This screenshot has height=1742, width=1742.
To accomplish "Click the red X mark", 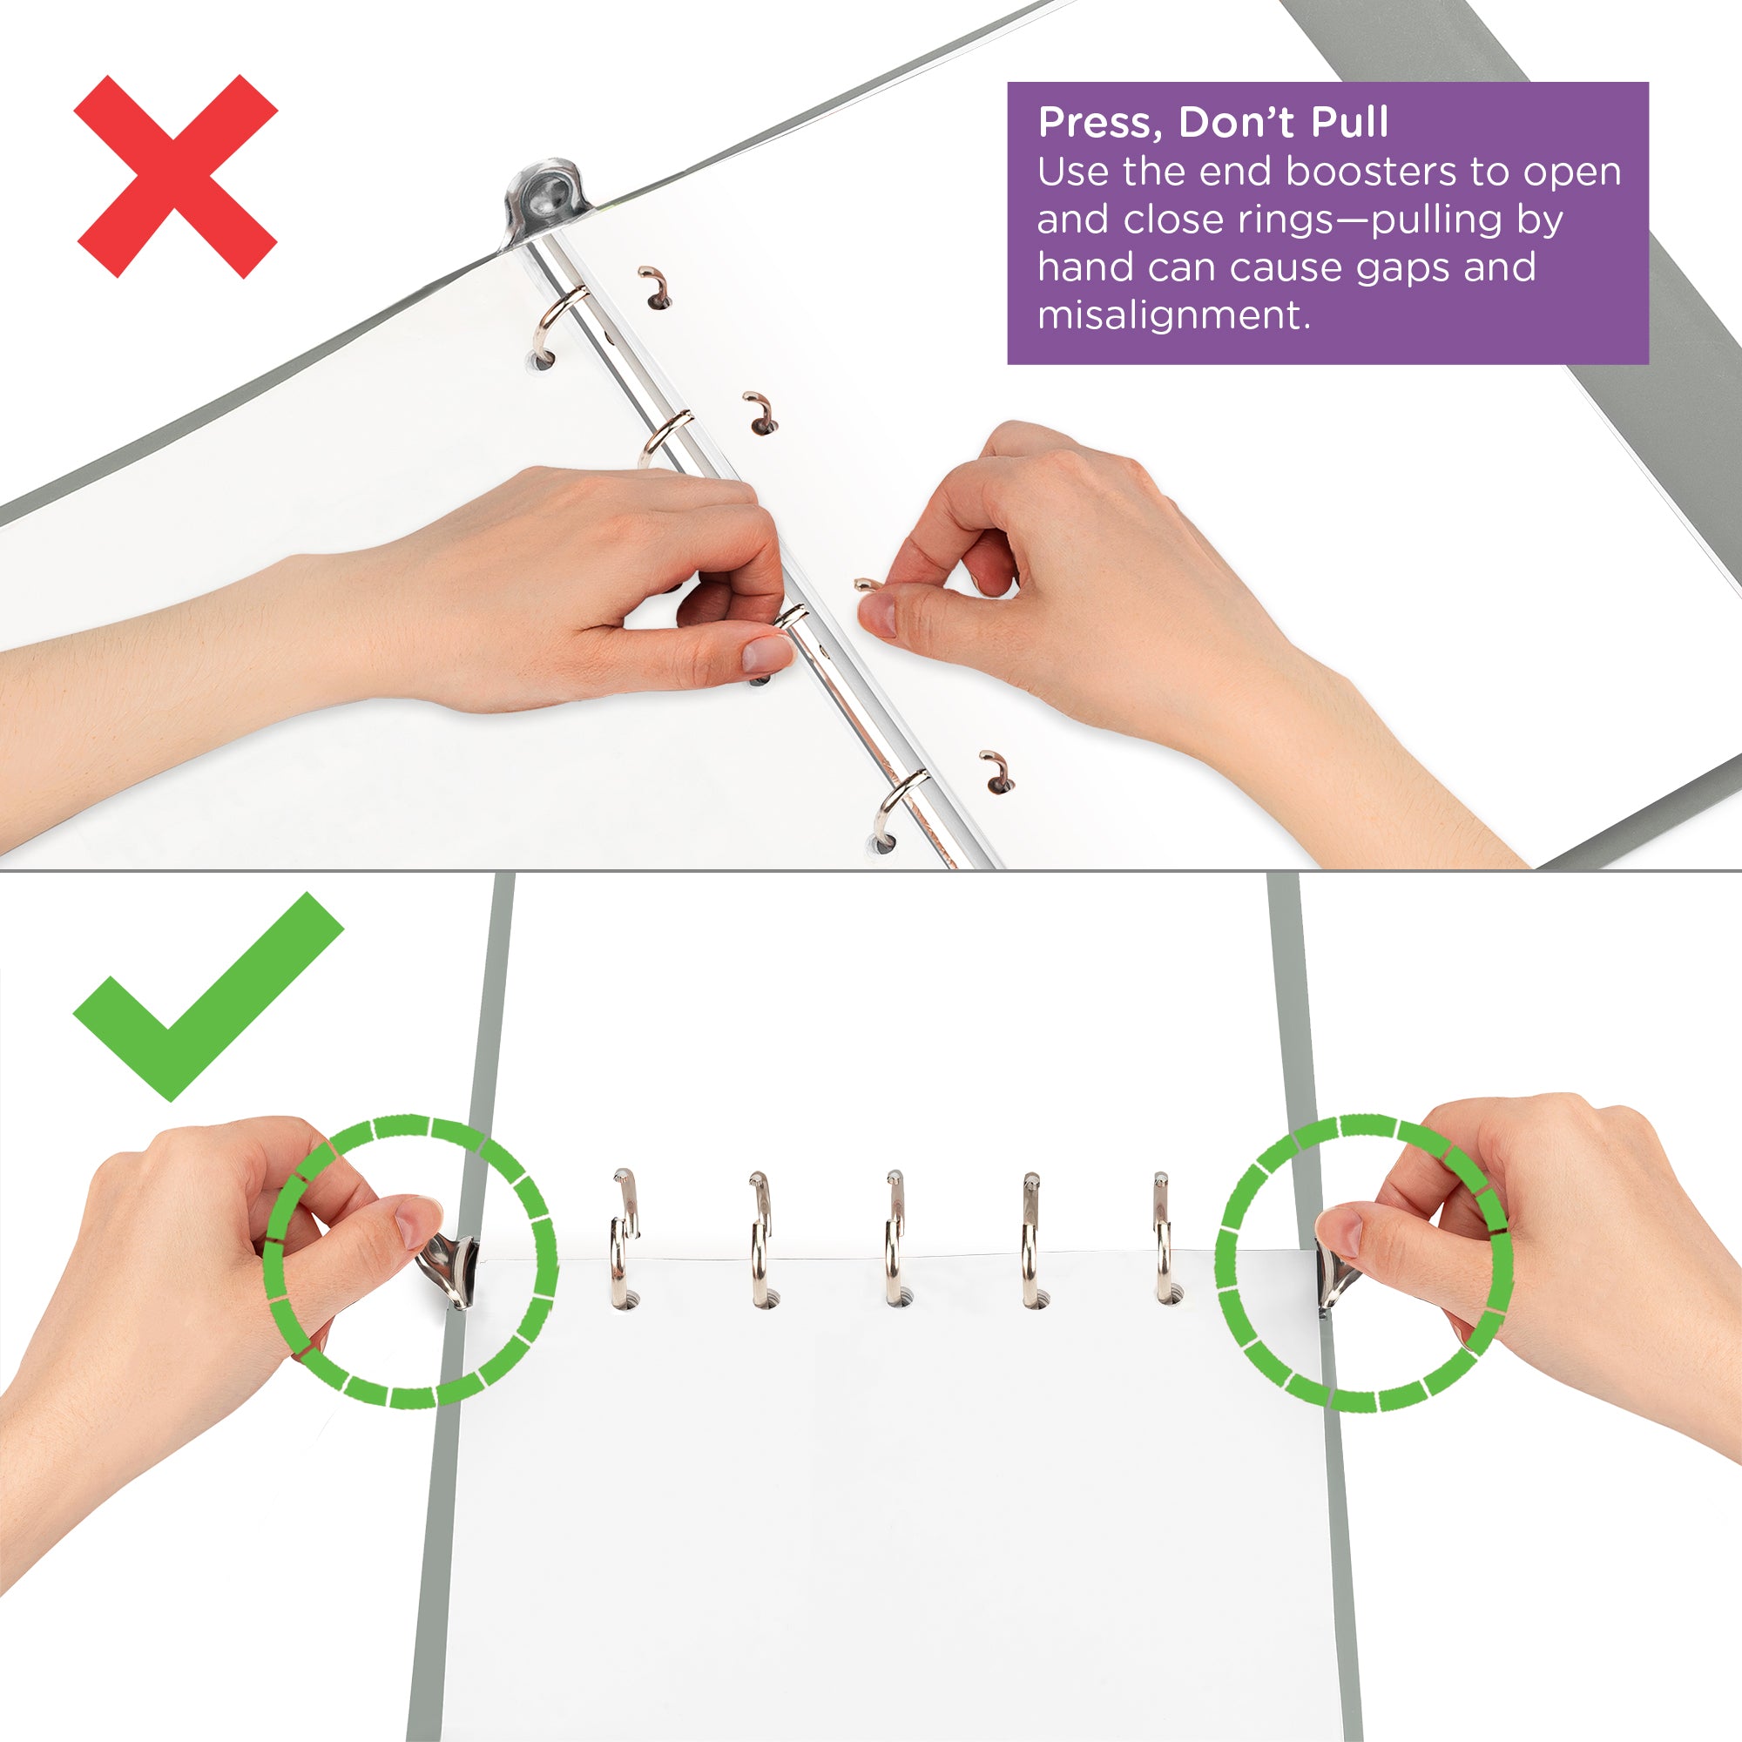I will tap(176, 176).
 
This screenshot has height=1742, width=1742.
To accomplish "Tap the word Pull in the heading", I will tap(1349, 123).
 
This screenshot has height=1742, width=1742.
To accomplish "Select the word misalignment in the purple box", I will tap(1173, 315).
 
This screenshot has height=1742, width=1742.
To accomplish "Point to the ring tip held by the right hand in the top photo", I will tap(865, 585).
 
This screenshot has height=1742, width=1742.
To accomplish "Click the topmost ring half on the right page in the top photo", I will tap(656, 287).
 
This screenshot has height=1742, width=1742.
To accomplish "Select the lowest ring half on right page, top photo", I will tap(997, 771).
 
